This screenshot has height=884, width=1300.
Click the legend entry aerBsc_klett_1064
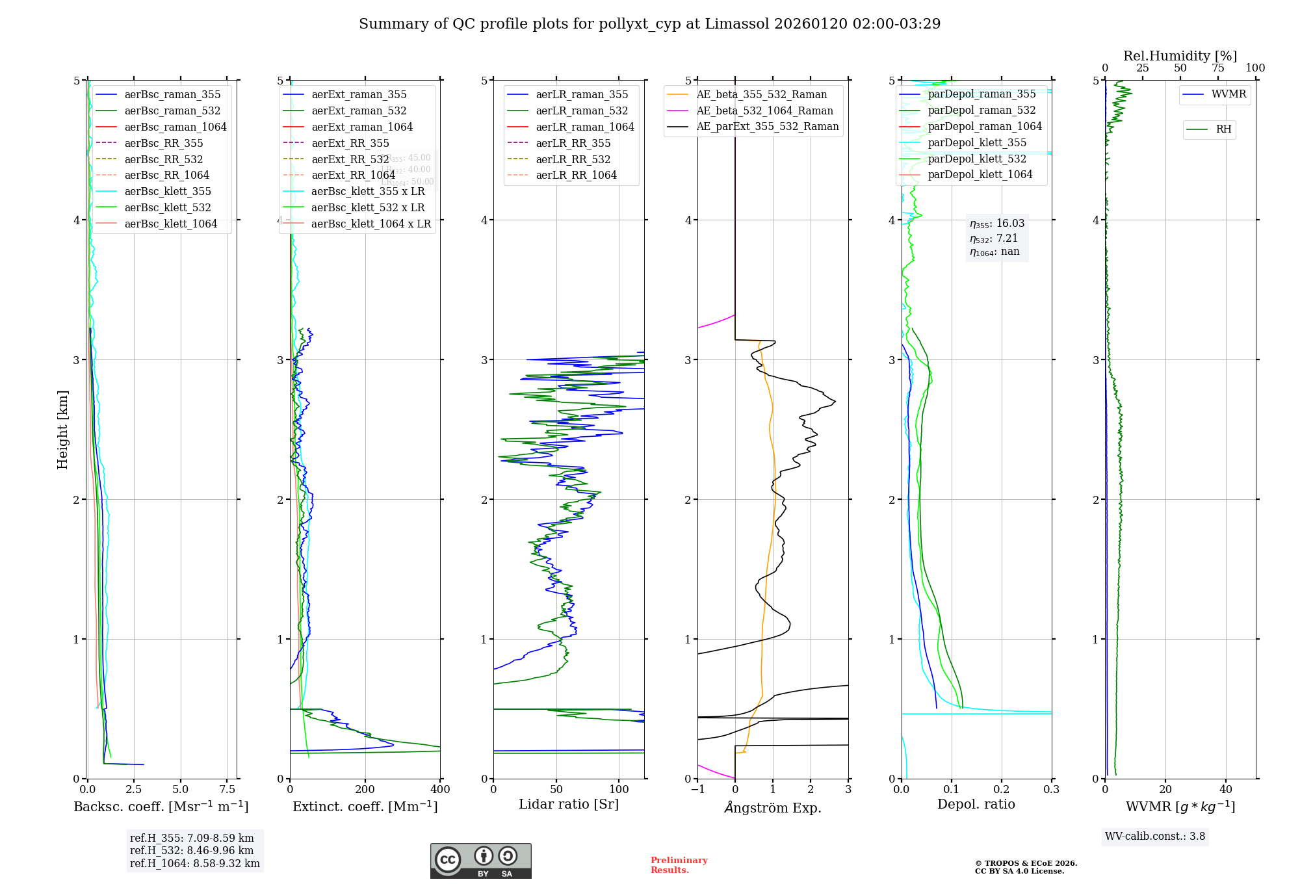[x=170, y=224]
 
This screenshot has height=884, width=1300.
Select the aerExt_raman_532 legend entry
[x=358, y=110]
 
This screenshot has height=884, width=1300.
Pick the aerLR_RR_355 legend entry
[x=573, y=143]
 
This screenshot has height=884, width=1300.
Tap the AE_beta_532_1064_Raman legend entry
[x=764, y=110]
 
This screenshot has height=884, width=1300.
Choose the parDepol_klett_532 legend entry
[x=976, y=159]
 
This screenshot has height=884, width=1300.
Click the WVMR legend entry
[x=1228, y=94]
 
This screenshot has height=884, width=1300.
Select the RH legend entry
[x=1223, y=129]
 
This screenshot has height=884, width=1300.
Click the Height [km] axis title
[x=62, y=430]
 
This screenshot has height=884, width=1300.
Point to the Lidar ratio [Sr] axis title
[x=569, y=804]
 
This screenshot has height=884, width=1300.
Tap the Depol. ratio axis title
[x=976, y=804]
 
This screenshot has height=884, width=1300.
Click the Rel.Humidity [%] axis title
[x=1180, y=56]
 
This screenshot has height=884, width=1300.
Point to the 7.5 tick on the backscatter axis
[x=227, y=789]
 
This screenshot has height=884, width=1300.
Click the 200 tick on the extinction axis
[x=365, y=789]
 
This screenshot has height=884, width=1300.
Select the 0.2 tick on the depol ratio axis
[x=1002, y=789]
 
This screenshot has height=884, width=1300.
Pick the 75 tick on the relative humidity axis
[x=1217, y=68]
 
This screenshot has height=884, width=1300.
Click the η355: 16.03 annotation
[x=997, y=224]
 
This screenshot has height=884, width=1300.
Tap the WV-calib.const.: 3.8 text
[x=1154, y=836]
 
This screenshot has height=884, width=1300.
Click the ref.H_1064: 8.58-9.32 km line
[x=194, y=863]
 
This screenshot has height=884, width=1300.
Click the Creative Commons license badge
[x=480, y=861]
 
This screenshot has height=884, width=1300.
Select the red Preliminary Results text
[x=679, y=864]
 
